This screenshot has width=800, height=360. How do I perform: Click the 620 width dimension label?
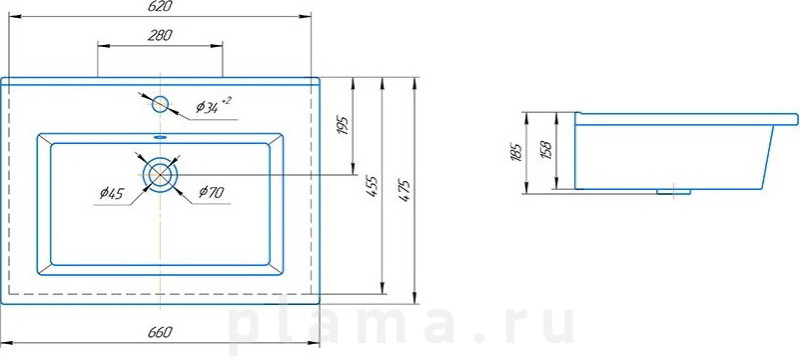coord(161,7)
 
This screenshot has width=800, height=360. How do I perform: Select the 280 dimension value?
coord(160,35)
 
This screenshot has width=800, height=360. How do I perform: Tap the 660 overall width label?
coord(160,332)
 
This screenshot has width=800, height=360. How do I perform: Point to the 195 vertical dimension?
coord(342,125)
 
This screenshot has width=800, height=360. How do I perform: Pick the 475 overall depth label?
coord(406,190)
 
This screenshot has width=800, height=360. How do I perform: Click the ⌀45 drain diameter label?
coord(112,193)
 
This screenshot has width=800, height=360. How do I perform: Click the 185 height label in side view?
coord(515,152)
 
